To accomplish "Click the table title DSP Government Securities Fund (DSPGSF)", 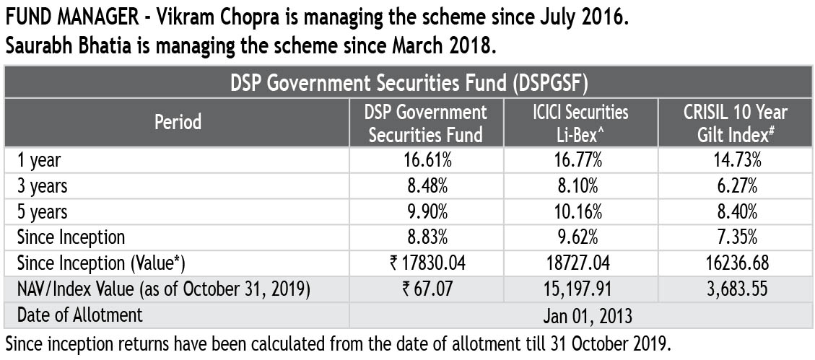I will [x=409, y=82].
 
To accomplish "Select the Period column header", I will [x=178, y=122].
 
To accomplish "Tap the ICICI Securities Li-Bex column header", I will [x=580, y=122].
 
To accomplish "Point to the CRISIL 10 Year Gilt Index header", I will [x=736, y=122].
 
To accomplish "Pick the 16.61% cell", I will [x=426, y=159].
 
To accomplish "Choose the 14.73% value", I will [x=736, y=159].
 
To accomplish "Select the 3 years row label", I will [x=43, y=185].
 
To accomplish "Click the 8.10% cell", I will [x=580, y=185].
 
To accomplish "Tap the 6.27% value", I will [x=736, y=185].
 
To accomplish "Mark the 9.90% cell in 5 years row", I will [x=426, y=211].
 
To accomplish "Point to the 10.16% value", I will [x=580, y=211].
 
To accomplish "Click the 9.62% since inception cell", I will [x=580, y=237].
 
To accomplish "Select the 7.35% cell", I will [x=736, y=237].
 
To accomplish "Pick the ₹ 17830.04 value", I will [x=426, y=263].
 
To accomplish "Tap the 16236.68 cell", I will [x=736, y=263].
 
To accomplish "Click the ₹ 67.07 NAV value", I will [x=426, y=289].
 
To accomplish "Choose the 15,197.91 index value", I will [x=580, y=289].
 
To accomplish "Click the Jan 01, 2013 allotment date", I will [x=580, y=315].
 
